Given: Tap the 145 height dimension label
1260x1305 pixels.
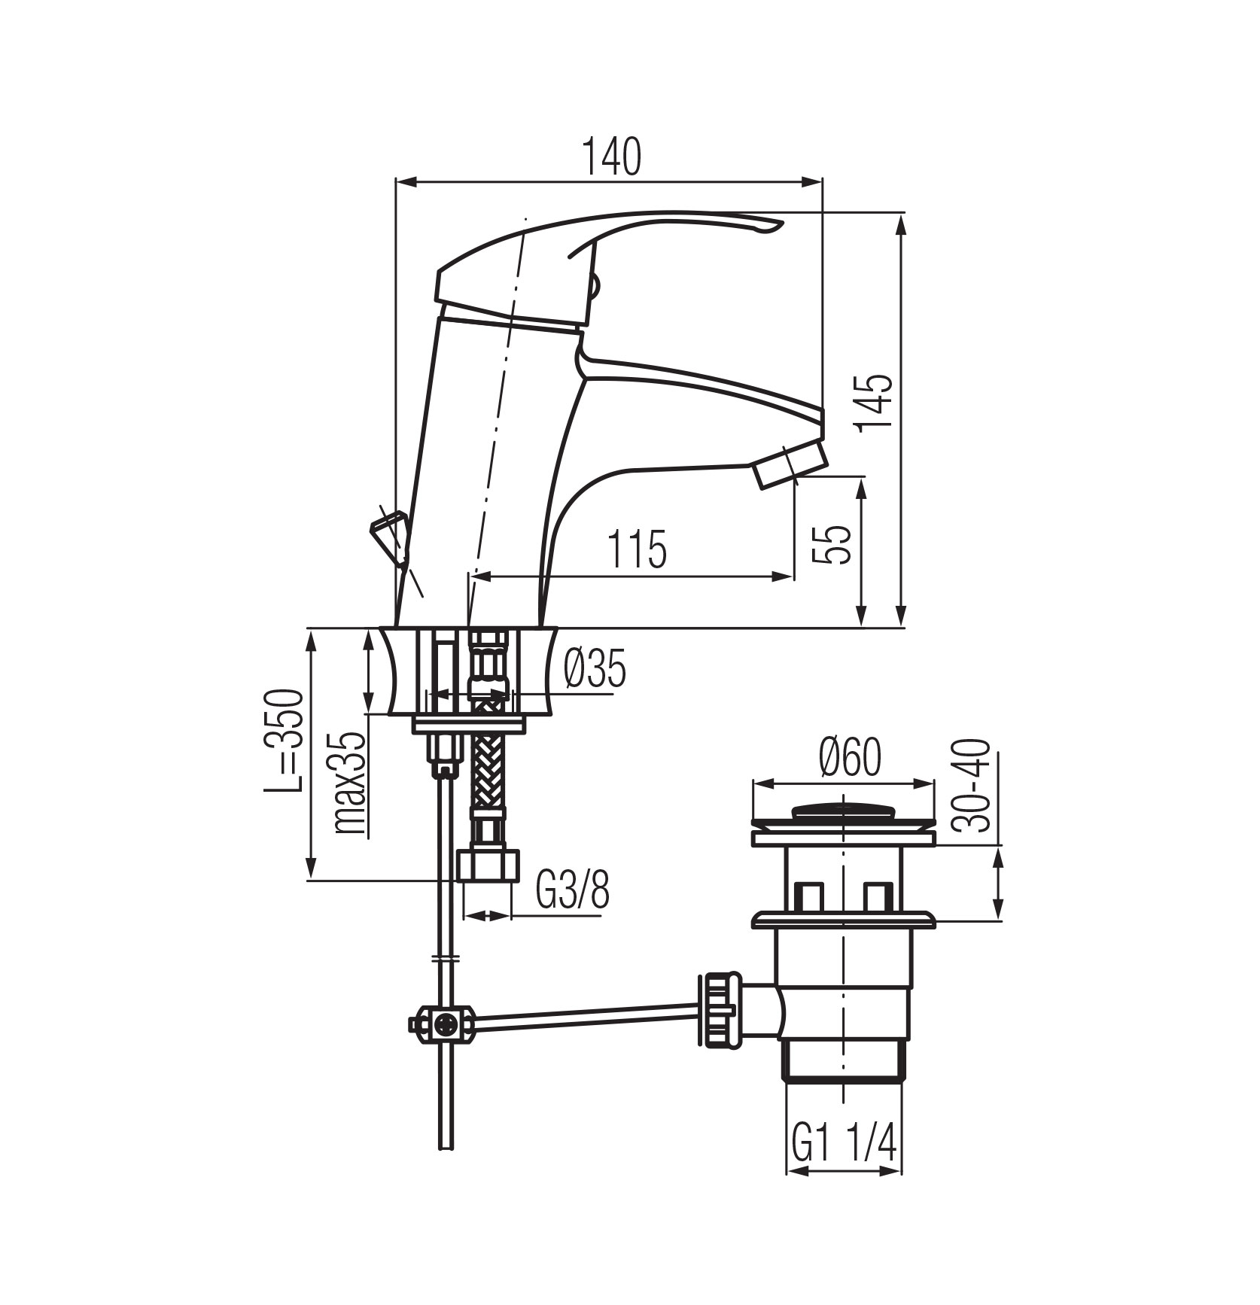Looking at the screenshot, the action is click(875, 403).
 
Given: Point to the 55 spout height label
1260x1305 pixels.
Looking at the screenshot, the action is click(832, 543).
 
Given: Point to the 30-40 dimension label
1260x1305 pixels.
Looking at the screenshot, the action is click(974, 785).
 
